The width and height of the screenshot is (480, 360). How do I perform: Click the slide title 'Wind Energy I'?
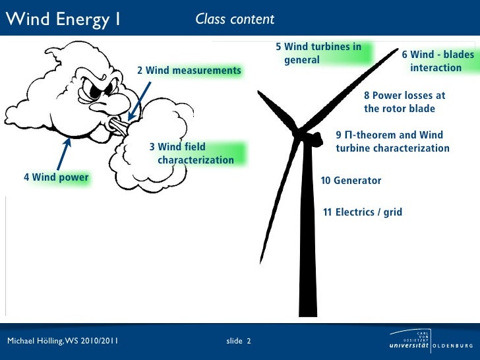point(63,19)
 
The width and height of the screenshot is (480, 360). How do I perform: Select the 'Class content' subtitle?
point(235,19)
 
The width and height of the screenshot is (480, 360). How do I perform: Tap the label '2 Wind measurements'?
point(189,71)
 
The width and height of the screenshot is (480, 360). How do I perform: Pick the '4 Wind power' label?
point(56,177)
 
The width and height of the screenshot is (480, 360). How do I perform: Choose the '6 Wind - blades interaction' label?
point(437,61)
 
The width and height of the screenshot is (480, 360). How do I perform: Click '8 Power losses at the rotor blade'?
point(404,102)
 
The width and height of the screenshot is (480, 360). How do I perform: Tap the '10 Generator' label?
point(351,181)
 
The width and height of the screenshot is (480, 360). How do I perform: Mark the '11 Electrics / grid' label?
point(362,212)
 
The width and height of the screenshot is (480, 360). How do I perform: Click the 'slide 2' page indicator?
point(238,341)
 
